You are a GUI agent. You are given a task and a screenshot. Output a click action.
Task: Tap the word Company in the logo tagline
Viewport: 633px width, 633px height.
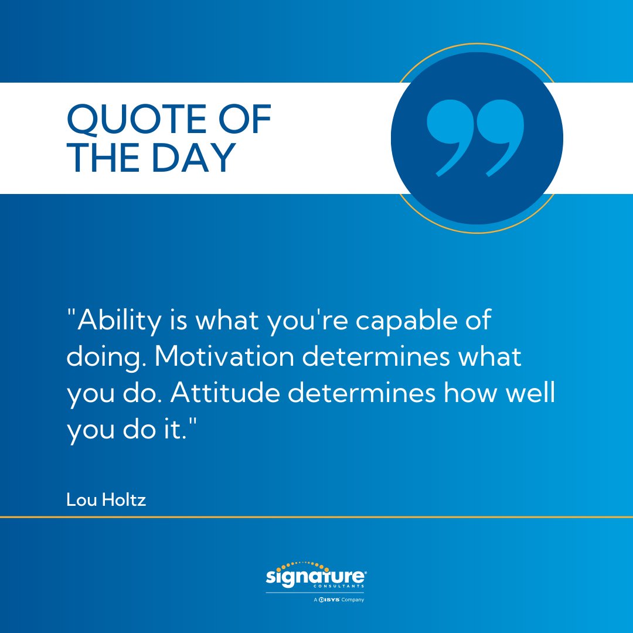(352, 600)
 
